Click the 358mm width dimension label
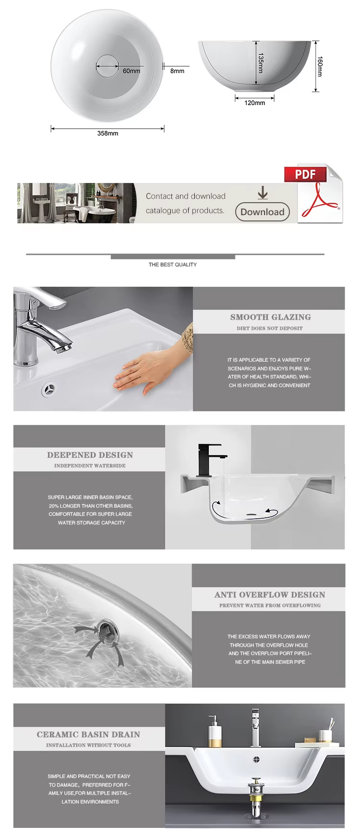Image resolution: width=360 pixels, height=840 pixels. (108, 134)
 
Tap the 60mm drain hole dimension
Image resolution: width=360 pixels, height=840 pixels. (132, 71)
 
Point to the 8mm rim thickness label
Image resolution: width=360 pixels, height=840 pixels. (177, 71)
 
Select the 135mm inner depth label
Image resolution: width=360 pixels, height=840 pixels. (261, 63)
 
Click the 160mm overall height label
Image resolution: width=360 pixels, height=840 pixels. (320, 67)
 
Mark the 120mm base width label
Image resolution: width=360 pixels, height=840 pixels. (255, 103)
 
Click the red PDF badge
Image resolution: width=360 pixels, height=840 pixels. (305, 174)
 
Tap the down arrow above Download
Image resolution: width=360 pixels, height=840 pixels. (263, 193)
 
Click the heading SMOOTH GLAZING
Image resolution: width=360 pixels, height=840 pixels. (271, 317)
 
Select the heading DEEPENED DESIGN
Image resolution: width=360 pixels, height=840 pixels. (90, 455)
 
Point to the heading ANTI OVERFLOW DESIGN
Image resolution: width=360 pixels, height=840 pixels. (270, 595)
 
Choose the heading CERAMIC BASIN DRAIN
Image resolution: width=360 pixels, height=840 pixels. (89, 734)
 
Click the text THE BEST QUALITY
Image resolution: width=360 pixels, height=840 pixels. (173, 265)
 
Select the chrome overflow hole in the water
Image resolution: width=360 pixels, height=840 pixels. (105, 629)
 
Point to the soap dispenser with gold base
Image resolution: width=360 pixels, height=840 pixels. (215, 731)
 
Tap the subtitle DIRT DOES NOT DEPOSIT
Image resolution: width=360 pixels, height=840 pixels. (270, 329)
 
